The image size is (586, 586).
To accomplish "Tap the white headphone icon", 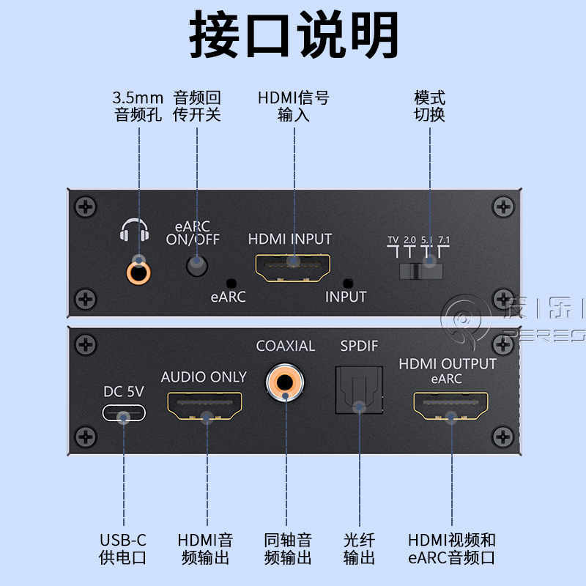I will [134, 232].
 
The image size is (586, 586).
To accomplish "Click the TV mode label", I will [393, 240].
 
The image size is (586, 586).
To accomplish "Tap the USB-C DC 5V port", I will [124, 415].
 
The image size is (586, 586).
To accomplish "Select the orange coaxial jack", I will [286, 382].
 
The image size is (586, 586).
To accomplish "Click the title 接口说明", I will [294, 34].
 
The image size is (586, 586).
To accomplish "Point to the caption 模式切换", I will [429, 106].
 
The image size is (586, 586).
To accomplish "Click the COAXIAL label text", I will [286, 346].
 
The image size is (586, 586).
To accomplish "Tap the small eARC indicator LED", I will [232, 283].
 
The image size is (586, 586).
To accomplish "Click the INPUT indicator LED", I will [348, 283].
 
